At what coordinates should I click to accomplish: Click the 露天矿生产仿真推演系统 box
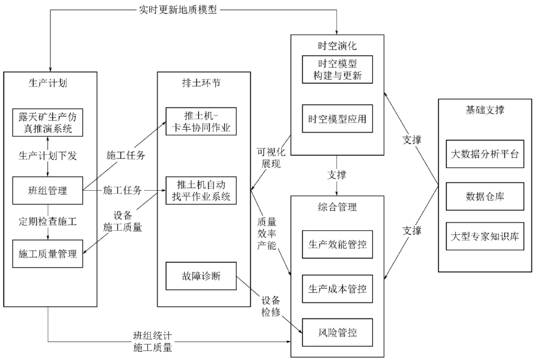point(47,122)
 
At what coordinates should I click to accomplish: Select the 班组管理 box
point(47,189)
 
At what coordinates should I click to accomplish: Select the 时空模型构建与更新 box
point(337,70)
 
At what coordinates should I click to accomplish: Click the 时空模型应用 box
point(337,119)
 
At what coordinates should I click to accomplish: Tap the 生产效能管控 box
point(337,244)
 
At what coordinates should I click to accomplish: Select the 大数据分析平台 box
point(485,154)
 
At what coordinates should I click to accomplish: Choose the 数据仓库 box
point(485,197)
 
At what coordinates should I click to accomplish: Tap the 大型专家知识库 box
point(485,236)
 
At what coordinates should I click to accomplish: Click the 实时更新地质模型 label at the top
point(177,10)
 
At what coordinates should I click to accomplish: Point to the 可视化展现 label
point(269,157)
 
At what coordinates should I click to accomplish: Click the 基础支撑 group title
point(485,110)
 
